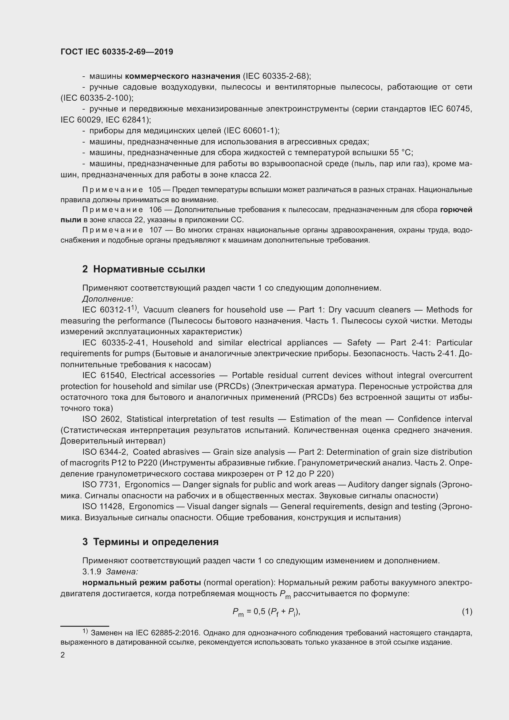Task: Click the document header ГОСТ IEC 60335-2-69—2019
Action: (117, 52)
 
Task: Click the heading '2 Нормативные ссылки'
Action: (143, 269)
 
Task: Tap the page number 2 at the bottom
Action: (63, 655)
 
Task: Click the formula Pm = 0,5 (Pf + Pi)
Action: (267, 612)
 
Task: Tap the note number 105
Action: (154, 190)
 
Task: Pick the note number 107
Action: (155, 230)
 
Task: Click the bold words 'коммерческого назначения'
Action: (182, 76)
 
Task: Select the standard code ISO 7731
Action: (100, 485)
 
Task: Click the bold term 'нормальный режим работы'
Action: (141, 582)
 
